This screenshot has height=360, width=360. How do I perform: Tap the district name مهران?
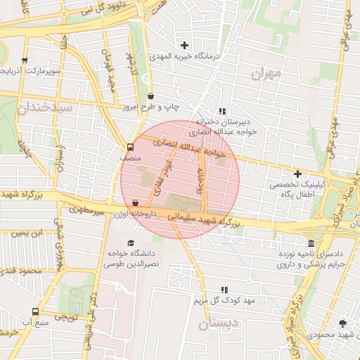[265, 72]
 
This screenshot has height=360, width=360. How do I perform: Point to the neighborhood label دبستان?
[219, 324]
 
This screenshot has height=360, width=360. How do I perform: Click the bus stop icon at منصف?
[130, 147]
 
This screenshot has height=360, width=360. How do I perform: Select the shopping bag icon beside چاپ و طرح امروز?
[151, 96]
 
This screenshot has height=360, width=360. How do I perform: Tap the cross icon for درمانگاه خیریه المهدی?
[184, 45]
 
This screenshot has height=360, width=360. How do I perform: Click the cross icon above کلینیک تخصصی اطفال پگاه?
[297, 174]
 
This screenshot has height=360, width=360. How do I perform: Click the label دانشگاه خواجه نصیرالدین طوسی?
[124, 257]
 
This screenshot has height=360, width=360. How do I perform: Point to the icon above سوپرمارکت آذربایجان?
[25, 60]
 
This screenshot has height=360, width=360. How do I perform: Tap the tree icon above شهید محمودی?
[342, 323]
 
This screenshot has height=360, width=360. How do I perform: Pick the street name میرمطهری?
[86, 210]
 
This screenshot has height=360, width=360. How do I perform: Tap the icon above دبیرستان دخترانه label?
[223, 111]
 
